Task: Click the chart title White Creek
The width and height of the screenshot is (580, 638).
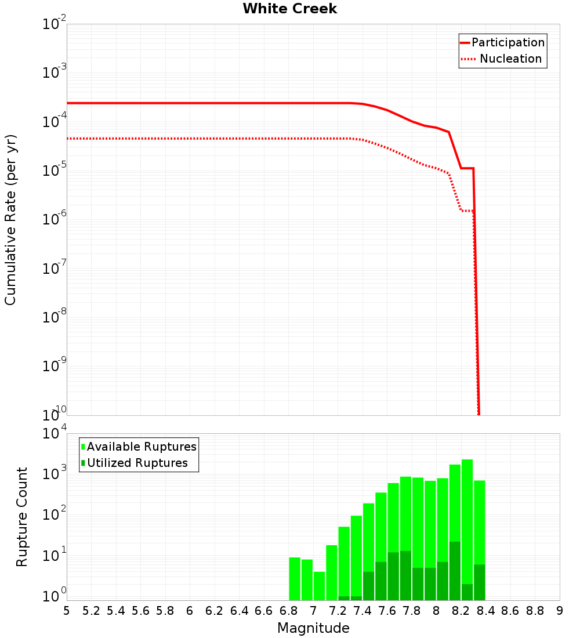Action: (x=289, y=9)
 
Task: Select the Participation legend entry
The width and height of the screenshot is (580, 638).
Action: (x=508, y=42)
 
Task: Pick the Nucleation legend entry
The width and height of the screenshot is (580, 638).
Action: (x=510, y=59)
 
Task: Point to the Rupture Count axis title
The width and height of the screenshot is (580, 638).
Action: (x=22, y=516)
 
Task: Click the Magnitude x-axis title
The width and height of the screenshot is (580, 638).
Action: (x=313, y=628)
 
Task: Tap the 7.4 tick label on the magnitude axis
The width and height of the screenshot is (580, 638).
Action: (x=362, y=611)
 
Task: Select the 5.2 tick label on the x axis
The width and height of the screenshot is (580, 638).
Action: (x=91, y=611)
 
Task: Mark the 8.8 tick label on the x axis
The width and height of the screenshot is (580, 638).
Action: (x=535, y=611)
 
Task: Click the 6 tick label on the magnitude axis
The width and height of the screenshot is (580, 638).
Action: (x=190, y=611)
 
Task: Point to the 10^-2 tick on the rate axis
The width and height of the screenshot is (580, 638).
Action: (x=55, y=24)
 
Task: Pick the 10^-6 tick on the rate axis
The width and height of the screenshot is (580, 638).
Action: (x=55, y=220)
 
